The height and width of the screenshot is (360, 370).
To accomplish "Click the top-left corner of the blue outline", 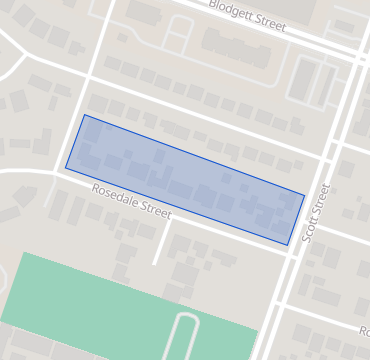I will point(85,115).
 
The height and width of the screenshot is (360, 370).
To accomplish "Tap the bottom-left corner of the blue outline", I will point(66,168).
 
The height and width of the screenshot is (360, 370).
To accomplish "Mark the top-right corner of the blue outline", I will point(304,194).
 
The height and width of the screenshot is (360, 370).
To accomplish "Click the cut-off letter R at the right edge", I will point(364,329).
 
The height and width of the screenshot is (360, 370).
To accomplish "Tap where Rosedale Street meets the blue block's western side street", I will point(57,172).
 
